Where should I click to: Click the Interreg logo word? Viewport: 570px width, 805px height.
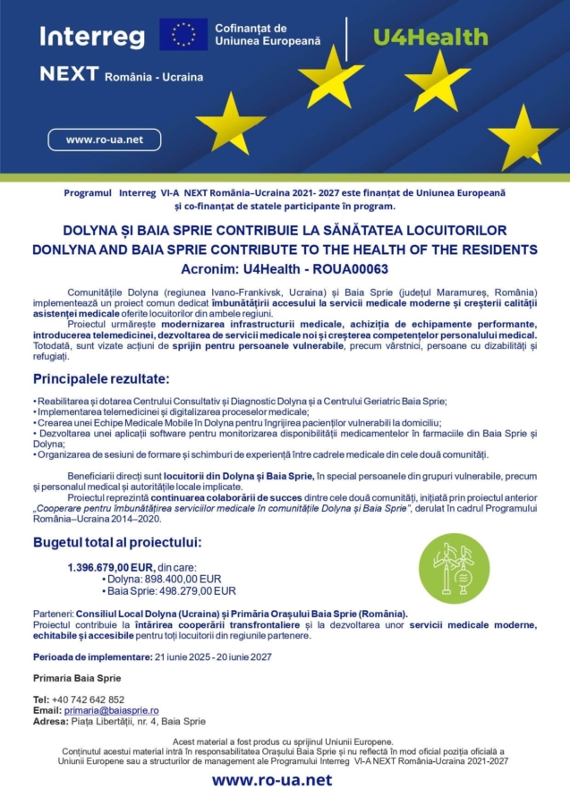click(x=92, y=36)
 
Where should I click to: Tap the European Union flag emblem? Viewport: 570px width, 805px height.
click(x=184, y=34)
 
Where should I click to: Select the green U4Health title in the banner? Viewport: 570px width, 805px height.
click(x=430, y=37)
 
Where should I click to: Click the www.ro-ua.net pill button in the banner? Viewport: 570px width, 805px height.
click(x=105, y=140)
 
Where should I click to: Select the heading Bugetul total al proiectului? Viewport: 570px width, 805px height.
click(x=117, y=542)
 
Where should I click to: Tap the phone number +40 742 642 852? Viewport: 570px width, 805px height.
click(x=89, y=699)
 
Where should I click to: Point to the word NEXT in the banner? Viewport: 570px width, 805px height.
click(x=69, y=74)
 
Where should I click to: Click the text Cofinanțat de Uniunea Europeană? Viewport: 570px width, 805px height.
click(x=267, y=36)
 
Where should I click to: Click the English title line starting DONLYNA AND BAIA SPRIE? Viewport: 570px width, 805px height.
click(x=285, y=249)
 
